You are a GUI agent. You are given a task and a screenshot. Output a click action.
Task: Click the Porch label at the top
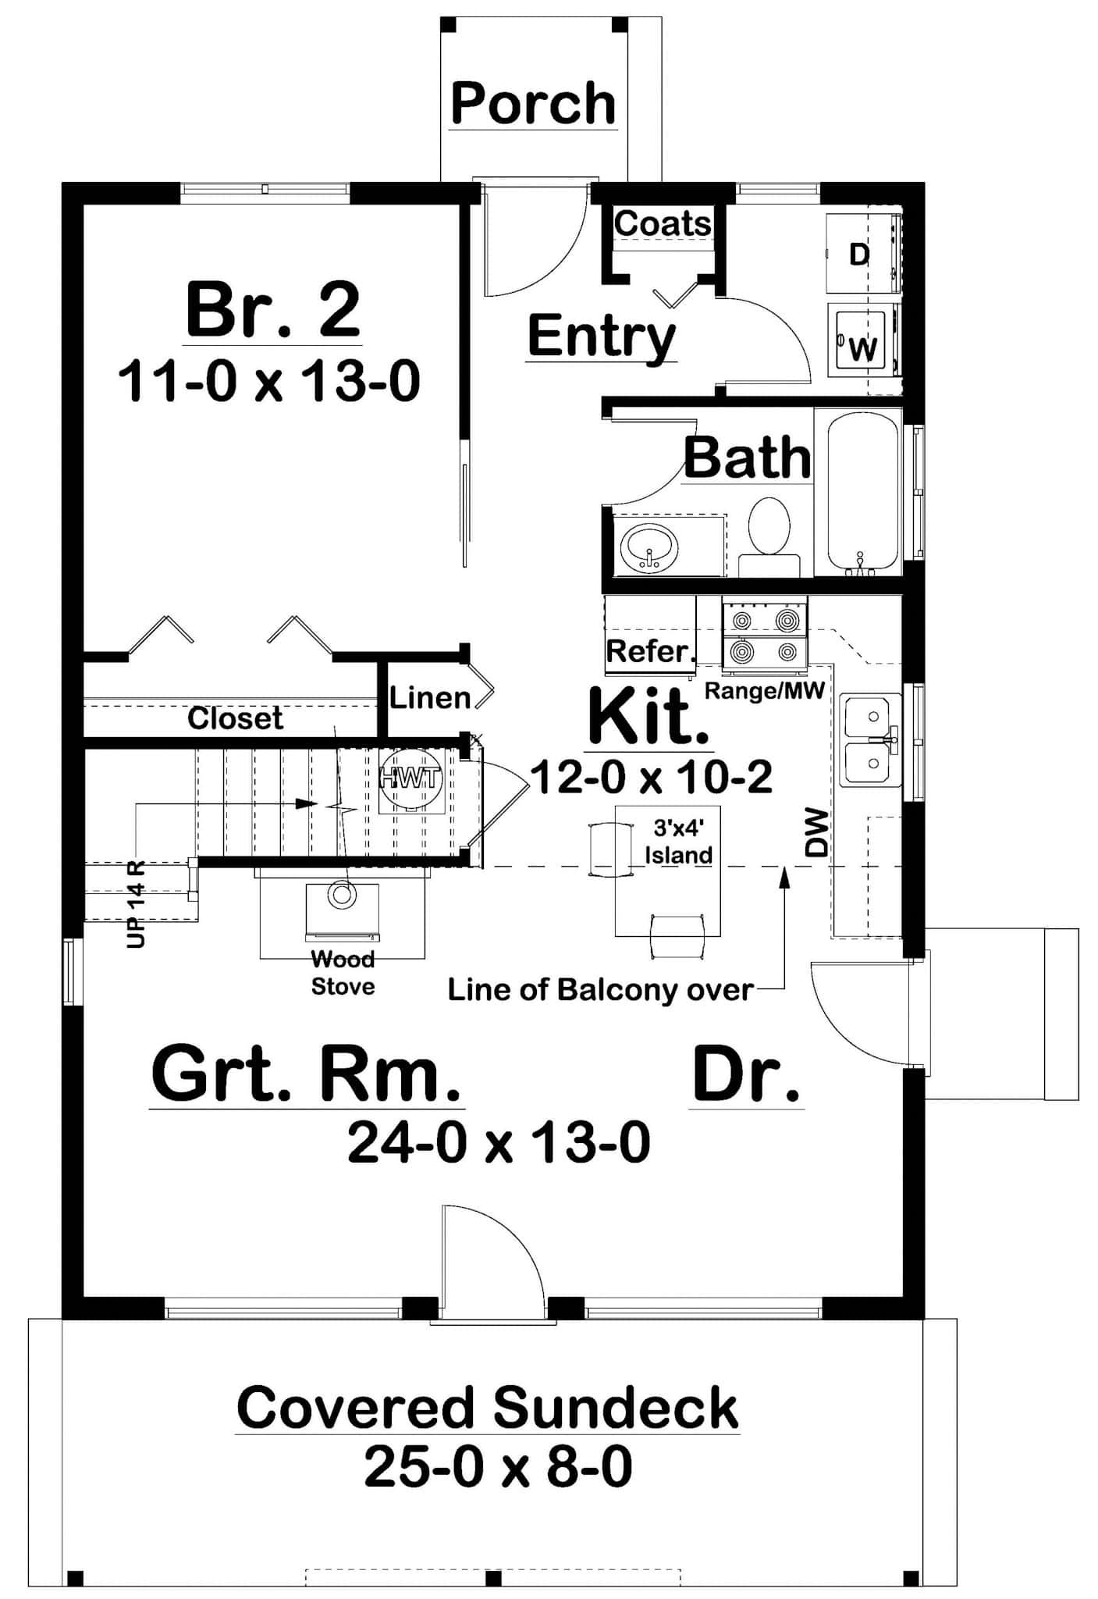[x=533, y=104]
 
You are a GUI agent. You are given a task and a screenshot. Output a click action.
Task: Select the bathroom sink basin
[x=648, y=546]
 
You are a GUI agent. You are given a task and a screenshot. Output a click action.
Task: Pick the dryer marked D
[x=858, y=254]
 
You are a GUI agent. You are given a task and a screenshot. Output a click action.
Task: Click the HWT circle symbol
[x=410, y=778]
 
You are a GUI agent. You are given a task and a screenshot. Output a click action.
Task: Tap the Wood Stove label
[x=343, y=973]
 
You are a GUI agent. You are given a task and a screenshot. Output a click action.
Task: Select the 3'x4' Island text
[x=677, y=843]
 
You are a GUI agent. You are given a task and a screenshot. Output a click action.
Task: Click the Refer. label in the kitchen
[x=651, y=651]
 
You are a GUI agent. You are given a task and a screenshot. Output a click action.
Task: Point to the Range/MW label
[x=764, y=691]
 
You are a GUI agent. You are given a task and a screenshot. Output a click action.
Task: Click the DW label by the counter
[x=816, y=833]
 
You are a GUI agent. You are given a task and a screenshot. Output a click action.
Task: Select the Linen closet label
[x=430, y=697]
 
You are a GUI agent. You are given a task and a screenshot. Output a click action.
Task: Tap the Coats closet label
[x=663, y=223]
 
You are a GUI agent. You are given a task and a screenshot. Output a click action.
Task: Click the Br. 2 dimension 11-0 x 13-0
[x=269, y=382]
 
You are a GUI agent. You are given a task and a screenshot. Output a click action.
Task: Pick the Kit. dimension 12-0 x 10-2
[x=651, y=777]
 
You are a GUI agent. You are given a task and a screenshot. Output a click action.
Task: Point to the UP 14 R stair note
[x=136, y=906]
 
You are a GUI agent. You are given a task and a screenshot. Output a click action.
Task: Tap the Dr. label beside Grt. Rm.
[x=746, y=1076]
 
